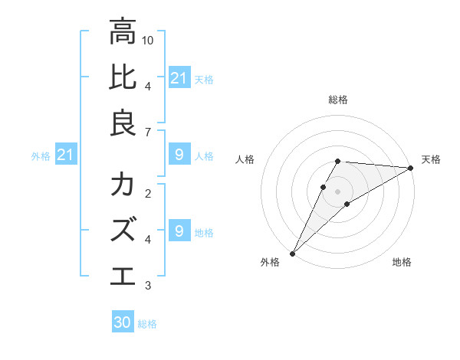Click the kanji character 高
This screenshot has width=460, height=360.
coord(123,33)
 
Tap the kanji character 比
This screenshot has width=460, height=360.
coord(123,78)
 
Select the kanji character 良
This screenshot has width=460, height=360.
coord(123,123)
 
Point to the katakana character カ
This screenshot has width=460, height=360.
coord(123,185)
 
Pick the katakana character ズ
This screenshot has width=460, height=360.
coord(123,229)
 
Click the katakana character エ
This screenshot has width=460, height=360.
coord(123,274)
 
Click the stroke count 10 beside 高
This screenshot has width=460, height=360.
coord(149,39)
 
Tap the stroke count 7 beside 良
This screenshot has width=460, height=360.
coord(147,133)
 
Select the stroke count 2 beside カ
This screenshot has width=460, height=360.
coord(147,192)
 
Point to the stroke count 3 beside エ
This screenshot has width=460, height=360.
coord(147,286)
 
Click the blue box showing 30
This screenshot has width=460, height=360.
coord(123,322)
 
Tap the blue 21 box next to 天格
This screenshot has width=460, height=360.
coord(179,78)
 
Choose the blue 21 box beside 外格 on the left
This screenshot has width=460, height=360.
coord(65,155)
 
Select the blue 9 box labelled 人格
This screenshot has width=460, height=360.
coord(179,155)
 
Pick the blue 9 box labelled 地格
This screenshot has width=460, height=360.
coord(179,231)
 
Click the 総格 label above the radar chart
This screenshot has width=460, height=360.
coord(338,100)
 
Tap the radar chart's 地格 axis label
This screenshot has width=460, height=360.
coord(402,262)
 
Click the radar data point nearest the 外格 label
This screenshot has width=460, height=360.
coord(292,253)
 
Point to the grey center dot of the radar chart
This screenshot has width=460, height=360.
coord(338,191)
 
